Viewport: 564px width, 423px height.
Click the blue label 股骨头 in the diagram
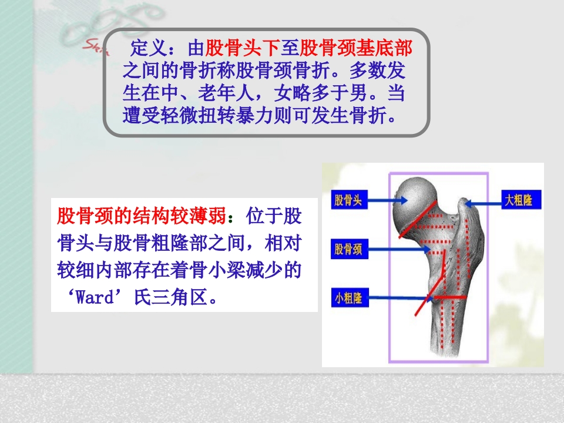(348, 200)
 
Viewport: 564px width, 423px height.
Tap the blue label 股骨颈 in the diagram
(348, 250)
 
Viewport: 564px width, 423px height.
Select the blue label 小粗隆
(348, 298)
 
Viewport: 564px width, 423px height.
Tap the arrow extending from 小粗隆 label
(399, 298)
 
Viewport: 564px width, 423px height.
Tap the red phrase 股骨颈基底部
(355, 46)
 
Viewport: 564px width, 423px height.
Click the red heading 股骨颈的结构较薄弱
(141, 217)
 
